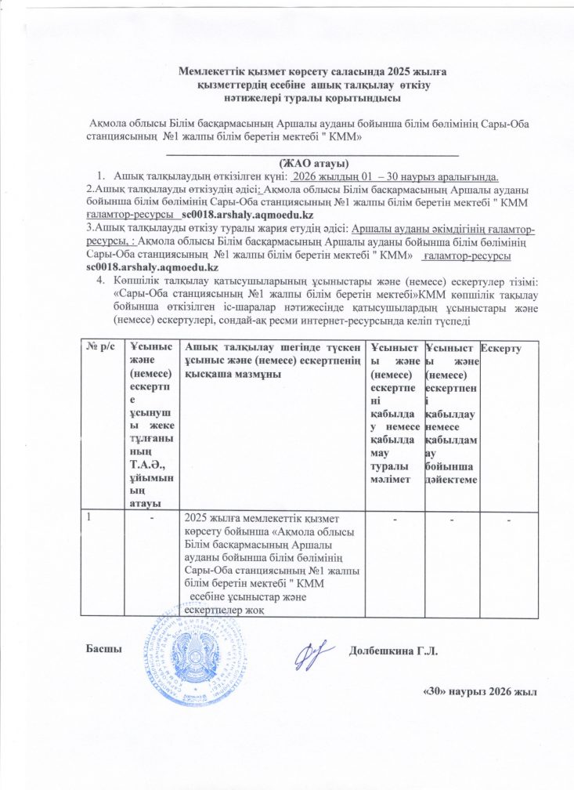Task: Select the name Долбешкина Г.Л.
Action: (x=397, y=650)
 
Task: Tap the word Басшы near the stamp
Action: (x=101, y=650)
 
